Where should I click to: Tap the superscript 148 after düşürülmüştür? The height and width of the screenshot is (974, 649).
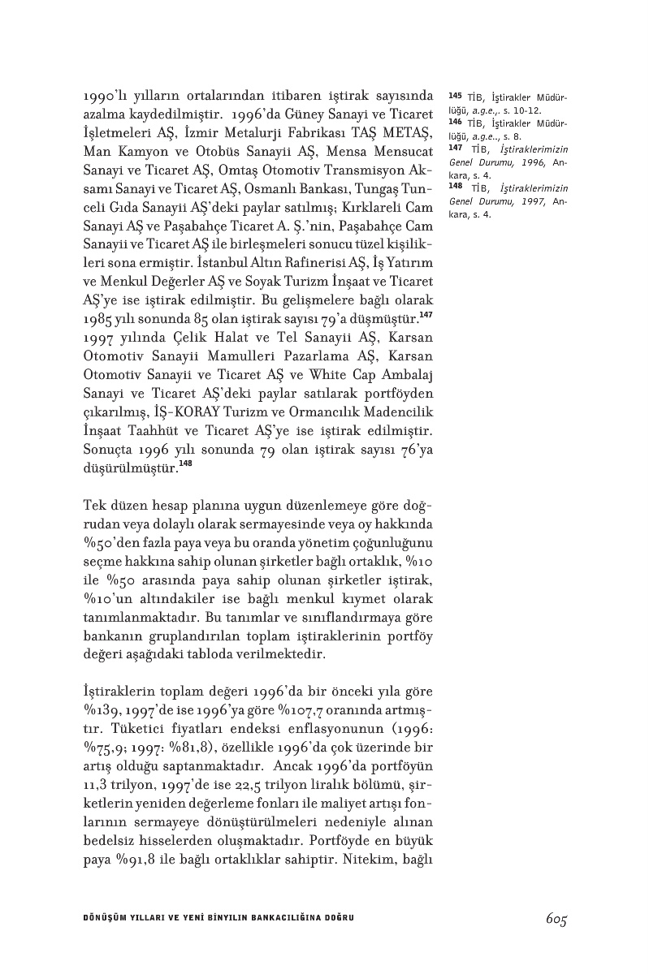[185, 463]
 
